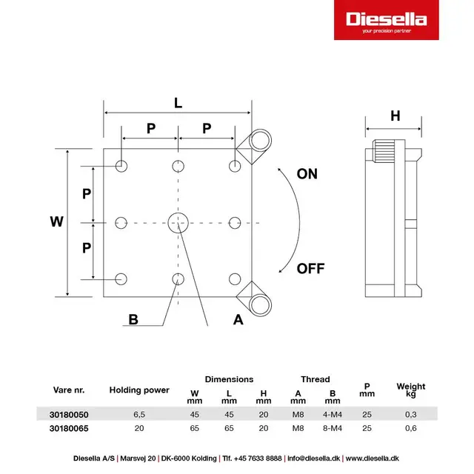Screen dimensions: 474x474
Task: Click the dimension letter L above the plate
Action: coord(178,103)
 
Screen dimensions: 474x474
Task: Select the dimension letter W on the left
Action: coord(56,221)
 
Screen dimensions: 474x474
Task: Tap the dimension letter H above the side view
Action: coord(395,116)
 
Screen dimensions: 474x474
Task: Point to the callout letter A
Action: coord(238,320)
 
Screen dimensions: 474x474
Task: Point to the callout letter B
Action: coord(133,320)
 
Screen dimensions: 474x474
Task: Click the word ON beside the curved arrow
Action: coord(307,174)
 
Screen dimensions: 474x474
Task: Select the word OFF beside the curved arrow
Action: coord(310,269)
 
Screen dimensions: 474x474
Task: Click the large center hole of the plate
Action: coord(178,221)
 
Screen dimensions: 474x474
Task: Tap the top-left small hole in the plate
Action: coord(121,164)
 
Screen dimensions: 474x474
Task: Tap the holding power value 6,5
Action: coord(139,415)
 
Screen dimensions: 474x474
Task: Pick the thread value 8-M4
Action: coord(333,428)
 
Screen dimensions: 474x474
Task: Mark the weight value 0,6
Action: coord(411,428)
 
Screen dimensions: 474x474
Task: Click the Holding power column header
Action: coord(139,390)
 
